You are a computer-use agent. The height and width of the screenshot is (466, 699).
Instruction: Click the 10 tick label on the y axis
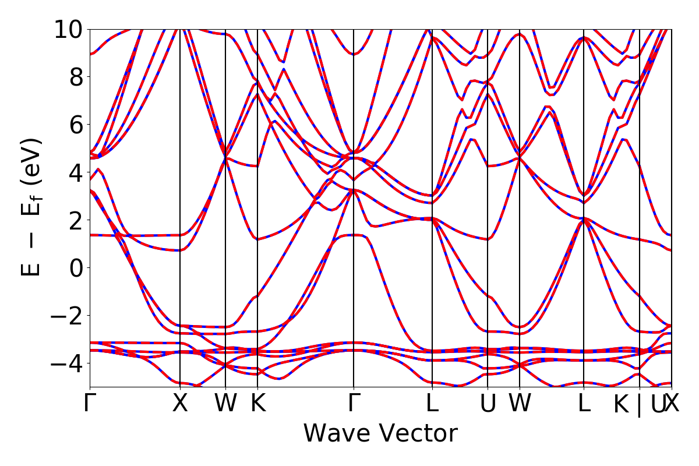(x=68, y=29)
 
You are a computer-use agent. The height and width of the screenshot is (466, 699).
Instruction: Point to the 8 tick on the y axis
(x=75, y=77)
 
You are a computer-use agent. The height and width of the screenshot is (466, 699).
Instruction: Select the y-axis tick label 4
(x=75, y=172)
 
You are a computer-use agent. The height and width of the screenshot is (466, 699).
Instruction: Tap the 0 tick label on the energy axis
(x=75, y=268)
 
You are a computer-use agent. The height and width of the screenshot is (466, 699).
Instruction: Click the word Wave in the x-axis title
(x=334, y=434)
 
